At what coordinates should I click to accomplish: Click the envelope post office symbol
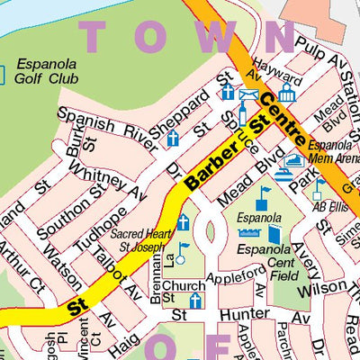coord(249,95)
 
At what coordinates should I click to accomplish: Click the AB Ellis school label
coord(329,204)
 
